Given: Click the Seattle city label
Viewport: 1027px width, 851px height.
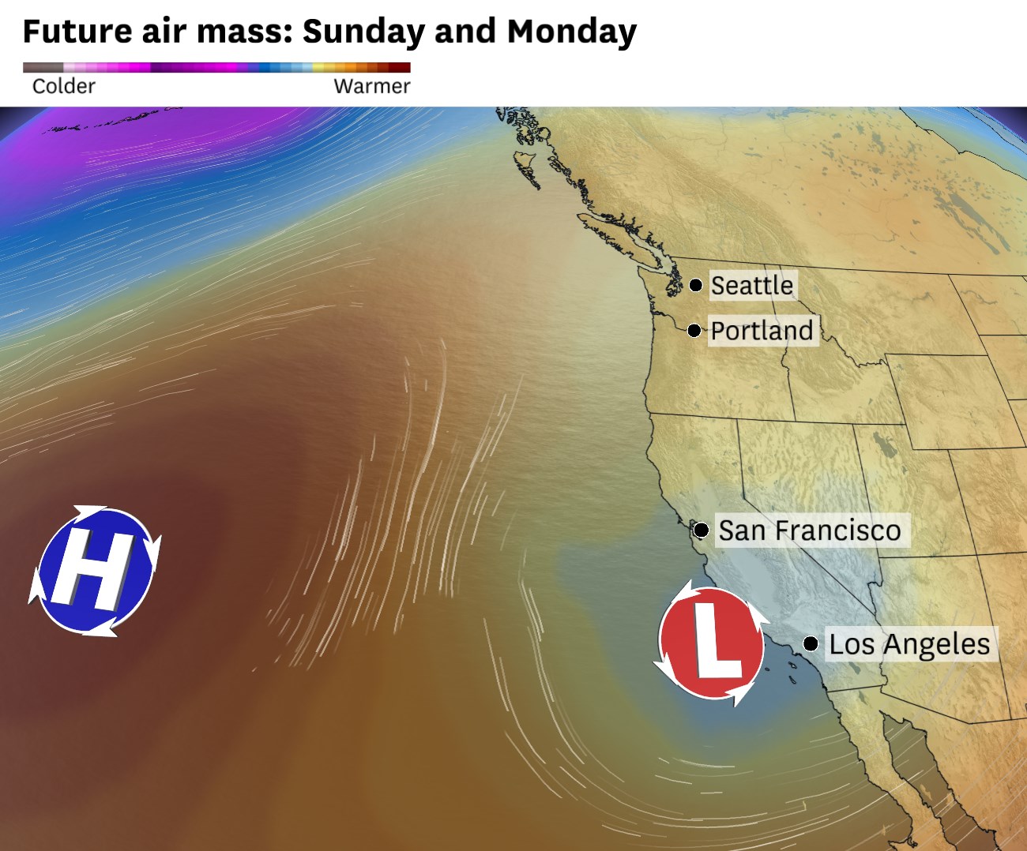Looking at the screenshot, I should point(751,285).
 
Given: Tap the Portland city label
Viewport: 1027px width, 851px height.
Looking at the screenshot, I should point(762,330).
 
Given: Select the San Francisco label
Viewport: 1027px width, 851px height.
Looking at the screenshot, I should point(809,530).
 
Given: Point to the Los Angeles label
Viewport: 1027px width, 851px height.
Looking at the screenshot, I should point(909,644).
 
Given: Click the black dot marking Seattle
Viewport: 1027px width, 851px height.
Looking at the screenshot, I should point(696,285).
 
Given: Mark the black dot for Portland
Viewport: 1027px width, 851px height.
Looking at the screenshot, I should point(694,330).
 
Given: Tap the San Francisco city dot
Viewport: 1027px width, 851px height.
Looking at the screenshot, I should point(701,530).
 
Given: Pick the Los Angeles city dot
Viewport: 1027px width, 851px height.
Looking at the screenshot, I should point(811,644).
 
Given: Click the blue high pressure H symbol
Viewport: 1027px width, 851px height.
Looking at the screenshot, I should point(95,570).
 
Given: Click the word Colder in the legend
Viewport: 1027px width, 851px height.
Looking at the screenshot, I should point(63,87).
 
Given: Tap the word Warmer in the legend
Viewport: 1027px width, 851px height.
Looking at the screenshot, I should point(371,87).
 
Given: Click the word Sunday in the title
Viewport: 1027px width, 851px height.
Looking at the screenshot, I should point(364,32).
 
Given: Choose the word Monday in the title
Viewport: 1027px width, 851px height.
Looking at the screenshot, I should point(571,32).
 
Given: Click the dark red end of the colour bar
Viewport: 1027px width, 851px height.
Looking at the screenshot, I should point(403,68).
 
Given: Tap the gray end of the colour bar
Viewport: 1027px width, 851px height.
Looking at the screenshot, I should point(32,68).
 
